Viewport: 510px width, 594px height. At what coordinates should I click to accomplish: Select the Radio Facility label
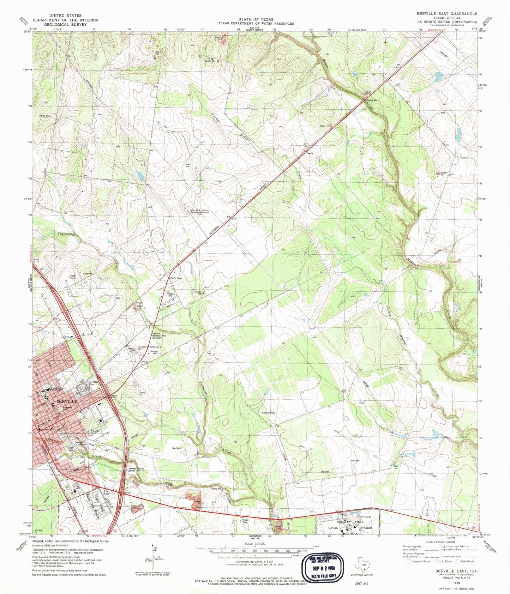[x=268, y=412]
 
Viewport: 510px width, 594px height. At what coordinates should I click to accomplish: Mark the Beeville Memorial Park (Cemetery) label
[x=157, y=336]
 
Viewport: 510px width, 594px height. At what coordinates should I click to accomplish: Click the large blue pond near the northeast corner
[x=438, y=76]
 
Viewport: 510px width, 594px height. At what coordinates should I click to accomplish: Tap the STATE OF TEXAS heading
[x=256, y=19]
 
